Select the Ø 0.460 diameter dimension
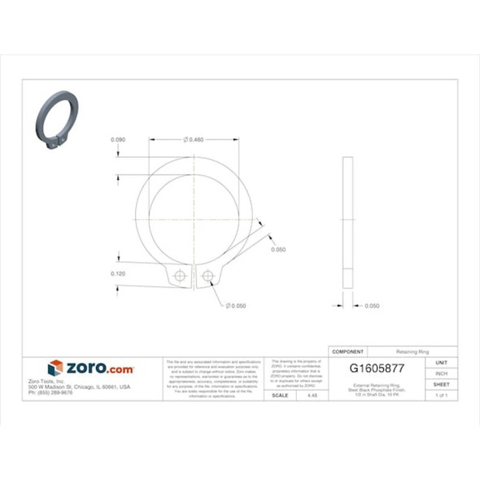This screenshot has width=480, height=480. [194, 139]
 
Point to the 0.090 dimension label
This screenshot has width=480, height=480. [118, 140]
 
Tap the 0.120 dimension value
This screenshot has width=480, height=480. [118, 273]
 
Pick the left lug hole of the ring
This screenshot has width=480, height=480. [180, 277]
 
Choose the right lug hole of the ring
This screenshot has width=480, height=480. [208, 277]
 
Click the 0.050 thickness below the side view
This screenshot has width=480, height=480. [372, 306]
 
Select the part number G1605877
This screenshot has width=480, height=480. [377, 368]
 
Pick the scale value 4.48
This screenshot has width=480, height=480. [312, 395]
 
